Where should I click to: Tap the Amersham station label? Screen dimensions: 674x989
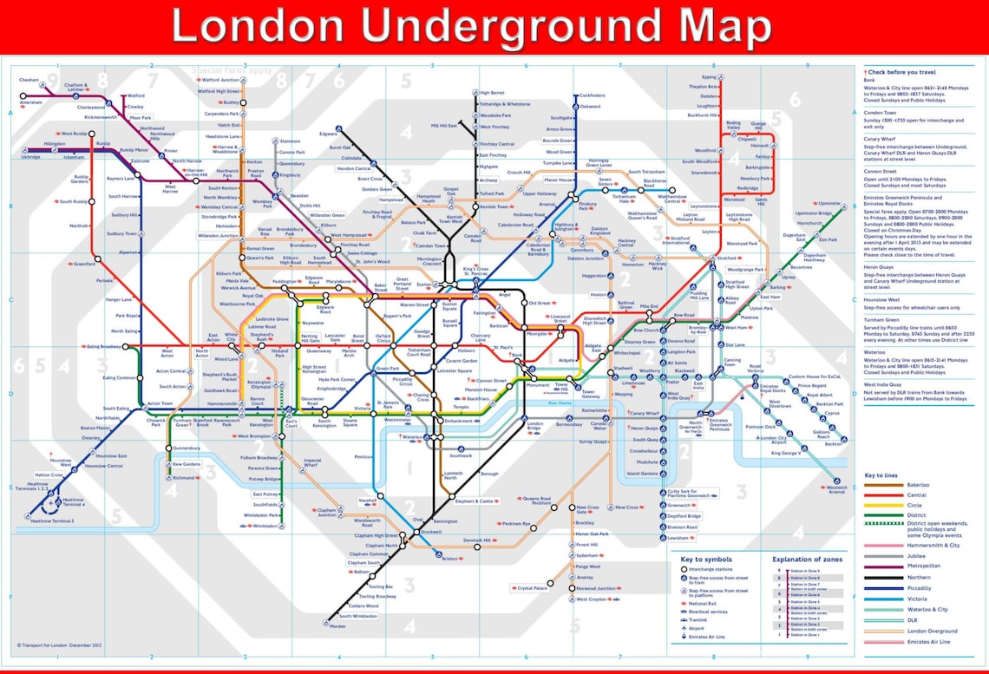30,101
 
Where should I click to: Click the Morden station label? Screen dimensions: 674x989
337,626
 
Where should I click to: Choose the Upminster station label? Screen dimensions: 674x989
830,204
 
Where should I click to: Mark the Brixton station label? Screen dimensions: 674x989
449,559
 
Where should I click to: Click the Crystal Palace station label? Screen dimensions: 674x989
533,588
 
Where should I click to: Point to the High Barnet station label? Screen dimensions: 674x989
492,92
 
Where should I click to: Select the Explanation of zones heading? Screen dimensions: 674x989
806,559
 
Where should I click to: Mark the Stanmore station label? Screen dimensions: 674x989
290,141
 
